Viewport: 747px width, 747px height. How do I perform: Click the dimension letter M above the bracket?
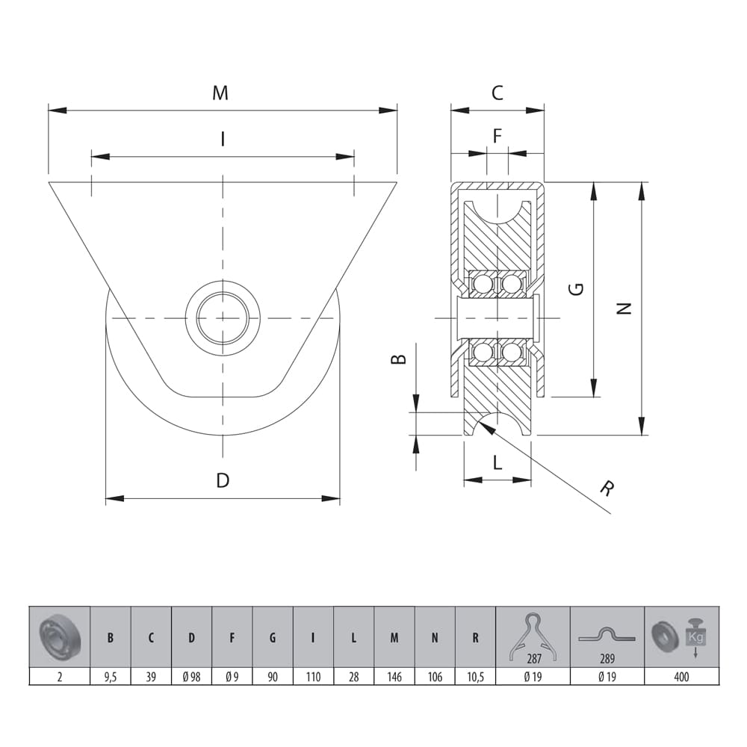point(220,93)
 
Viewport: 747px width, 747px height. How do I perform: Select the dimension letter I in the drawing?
point(222,139)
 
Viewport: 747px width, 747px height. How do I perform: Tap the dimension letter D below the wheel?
point(223,480)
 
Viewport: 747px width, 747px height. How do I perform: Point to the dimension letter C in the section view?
point(497,93)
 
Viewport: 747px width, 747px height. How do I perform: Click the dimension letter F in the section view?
point(498,135)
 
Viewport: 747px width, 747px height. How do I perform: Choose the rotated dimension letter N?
point(626,308)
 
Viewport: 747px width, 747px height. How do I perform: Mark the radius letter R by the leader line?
point(608,489)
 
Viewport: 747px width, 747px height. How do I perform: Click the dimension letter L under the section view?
point(498,462)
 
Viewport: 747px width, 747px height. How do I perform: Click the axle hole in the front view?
point(223,317)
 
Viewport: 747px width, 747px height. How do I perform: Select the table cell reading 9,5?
point(111,678)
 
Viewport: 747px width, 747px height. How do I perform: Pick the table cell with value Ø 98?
point(191,678)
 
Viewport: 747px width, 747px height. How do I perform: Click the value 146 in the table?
point(394,678)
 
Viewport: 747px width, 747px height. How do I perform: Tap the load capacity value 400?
point(681,678)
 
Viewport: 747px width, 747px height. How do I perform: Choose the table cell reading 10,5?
point(475,678)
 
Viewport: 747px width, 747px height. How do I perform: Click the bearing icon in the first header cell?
point(59,636)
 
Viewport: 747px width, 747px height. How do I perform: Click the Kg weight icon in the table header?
point(695,636)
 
